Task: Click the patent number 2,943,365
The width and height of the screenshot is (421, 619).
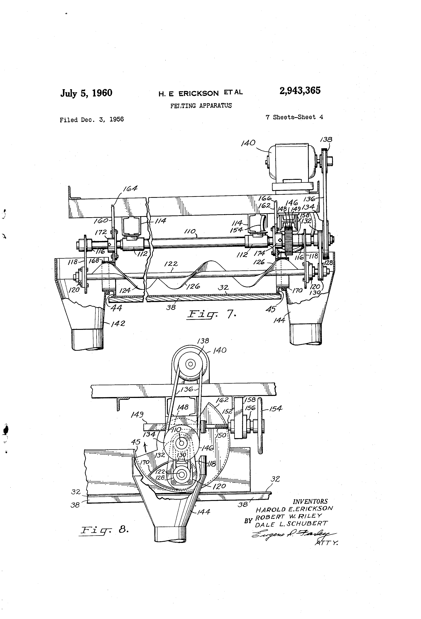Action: pyautogui.click(x=300, y=91)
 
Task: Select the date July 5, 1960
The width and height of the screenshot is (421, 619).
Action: pyautogui.click(x=86, y=93)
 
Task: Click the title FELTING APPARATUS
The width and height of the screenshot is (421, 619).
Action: pyautogui.click(x=201, y=106)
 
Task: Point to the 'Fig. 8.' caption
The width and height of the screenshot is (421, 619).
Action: pyautogui.click(x=105, y=530)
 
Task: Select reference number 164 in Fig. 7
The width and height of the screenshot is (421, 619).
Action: pyautogui.click(x=130, y=188)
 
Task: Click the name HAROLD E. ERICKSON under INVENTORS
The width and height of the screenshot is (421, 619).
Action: pyautogui.click(x=294, y=509)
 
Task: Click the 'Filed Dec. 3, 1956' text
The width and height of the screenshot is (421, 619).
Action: pyautogui.click(x=91, y=120)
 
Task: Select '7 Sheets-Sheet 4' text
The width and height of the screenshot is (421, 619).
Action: pyautogui.click(x=294, y=117)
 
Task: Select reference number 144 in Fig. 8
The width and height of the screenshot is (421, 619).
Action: pyautogui.click(x=204, y=512)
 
